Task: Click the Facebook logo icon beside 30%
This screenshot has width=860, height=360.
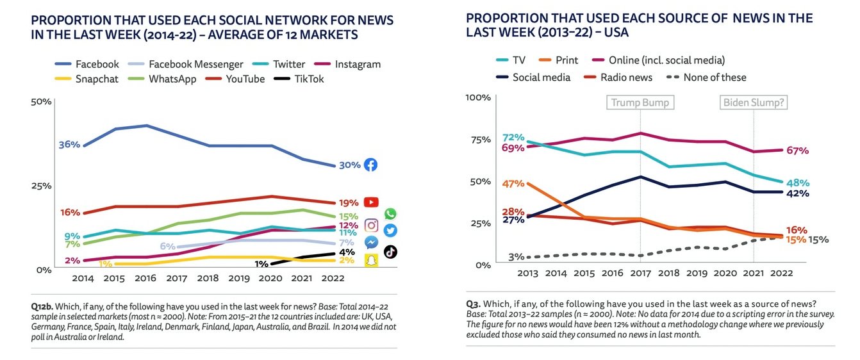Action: (370, 165)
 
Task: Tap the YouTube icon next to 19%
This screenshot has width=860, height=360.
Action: (371, 202)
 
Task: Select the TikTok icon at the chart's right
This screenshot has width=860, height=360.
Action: (390, 252)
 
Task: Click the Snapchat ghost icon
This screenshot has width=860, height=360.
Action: (371, 259)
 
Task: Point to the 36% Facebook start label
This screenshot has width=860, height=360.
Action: (69, 145)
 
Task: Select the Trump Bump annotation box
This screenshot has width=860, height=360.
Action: (640, 102)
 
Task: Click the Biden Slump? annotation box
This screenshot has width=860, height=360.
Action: (754, 102)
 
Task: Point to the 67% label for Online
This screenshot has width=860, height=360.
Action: (797, 151)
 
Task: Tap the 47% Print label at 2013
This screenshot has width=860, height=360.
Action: (514, 184)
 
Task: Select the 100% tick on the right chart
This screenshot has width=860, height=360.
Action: (478, 97)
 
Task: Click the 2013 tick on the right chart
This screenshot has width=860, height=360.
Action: (527, 274)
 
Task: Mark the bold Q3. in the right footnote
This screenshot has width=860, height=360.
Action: (474, 304)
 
